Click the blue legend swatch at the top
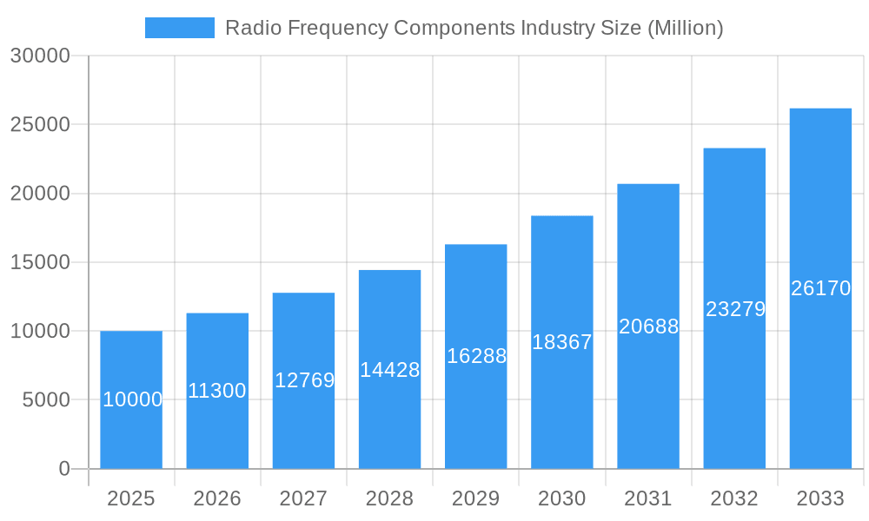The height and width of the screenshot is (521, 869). pos(179,28)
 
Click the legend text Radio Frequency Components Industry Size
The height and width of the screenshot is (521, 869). pos(474,28)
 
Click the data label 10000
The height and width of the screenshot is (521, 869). pos(132,399)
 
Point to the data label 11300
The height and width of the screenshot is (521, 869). pos(217,391)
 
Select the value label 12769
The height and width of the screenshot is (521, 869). pos(304,380)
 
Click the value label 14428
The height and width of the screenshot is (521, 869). pos(390,370)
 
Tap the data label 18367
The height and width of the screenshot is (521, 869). pos(561,342)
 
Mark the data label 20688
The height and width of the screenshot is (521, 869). pos(648,326)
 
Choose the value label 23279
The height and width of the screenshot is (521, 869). pos(735,309)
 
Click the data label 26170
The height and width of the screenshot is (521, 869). pos(820,288)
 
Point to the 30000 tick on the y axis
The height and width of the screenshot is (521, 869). pos(39,56)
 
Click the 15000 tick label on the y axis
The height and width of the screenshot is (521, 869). pos(39,262)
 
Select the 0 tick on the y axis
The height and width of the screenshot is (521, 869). pos(63,469)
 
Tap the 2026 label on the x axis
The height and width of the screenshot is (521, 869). pos(217,498)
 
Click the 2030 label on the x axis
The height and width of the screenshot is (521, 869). pos(561,498)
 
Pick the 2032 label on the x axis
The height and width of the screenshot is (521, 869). pos(734,498)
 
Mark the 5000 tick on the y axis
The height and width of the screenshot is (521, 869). pos(44,400)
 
